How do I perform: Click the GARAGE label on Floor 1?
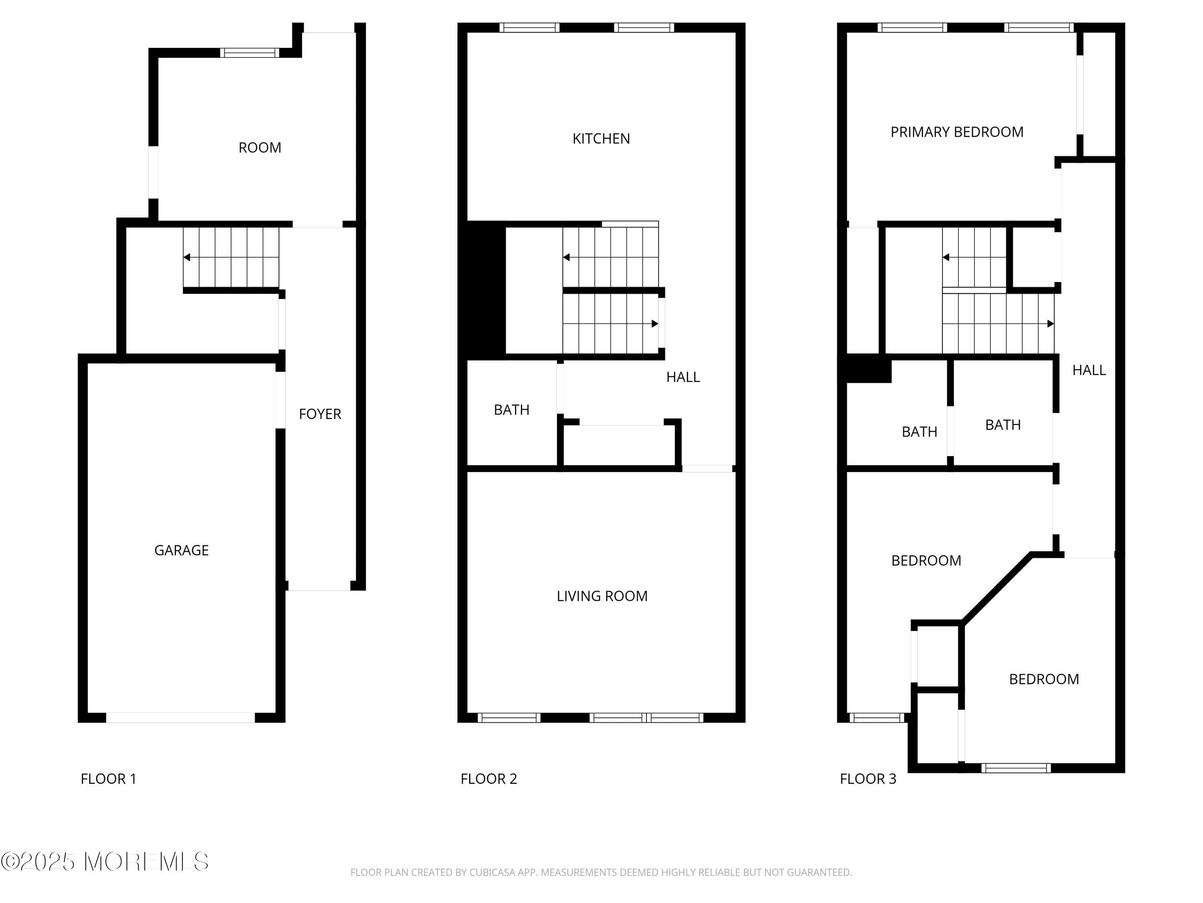(181, 550)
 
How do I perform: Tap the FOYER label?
(320, 414)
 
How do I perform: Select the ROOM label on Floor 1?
(259, 148)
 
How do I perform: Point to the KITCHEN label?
(601, 139)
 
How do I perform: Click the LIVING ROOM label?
(602, 596)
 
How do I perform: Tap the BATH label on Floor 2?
(511, 410)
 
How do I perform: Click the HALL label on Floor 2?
(683, 377)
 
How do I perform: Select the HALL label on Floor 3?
(1089, 370)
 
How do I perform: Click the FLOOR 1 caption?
(108, 779)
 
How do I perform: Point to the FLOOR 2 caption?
(488, 779)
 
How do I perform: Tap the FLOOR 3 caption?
(867, 779)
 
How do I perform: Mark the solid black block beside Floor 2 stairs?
(482, 290)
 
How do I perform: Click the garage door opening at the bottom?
(180, 718)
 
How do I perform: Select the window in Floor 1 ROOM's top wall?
(250, 53)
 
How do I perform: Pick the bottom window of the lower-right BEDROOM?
(1016, 768)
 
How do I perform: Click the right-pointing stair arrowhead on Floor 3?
(1050, 324)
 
